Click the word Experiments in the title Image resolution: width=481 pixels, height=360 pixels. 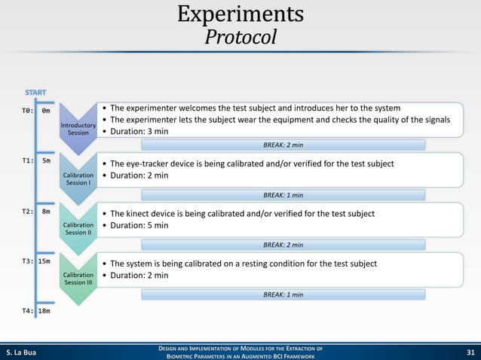[x=240, y=14]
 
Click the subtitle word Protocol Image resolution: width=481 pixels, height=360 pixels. [x=240, y=37]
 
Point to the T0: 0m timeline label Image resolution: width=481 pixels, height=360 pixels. [x=35, y=110]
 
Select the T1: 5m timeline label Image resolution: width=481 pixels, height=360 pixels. [x=35, y=160]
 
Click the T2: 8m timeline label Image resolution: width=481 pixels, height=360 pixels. [x=35, y=212]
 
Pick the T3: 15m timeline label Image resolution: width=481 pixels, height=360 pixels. [x=35, y=261]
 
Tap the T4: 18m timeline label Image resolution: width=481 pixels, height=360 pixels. [x=35, y=310]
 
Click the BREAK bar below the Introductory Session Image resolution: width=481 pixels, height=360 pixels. [x=283, y=145]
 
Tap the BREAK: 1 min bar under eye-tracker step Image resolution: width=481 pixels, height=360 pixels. [x=283, y=194]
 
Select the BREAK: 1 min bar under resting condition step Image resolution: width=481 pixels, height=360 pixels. [x=283, y=294]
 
